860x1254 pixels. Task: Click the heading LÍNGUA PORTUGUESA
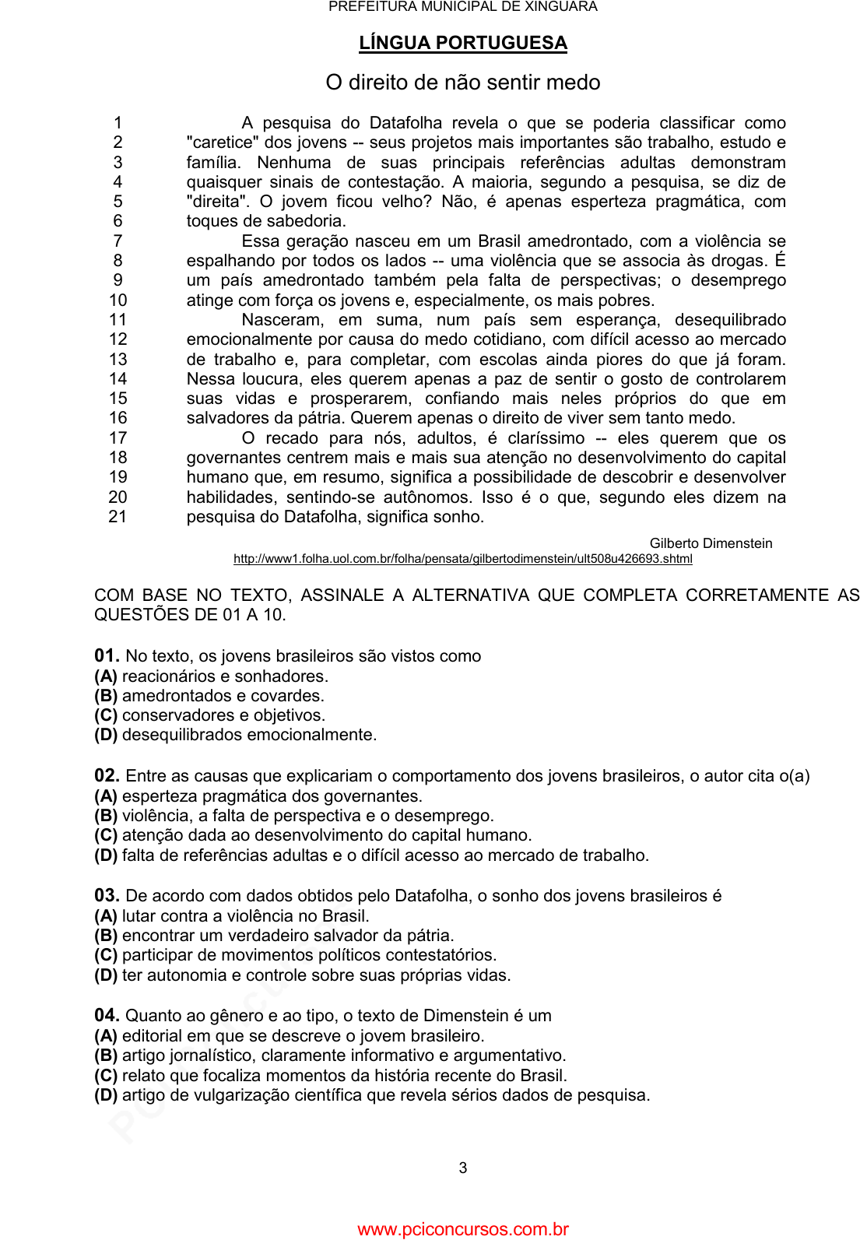point(462,43)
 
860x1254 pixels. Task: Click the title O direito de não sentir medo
point(462,83)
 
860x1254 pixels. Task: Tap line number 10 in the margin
point(118,300)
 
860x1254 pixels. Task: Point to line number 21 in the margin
point(118,517)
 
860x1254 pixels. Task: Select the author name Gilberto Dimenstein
point(711,543)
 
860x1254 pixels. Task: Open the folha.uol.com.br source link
point(462,559)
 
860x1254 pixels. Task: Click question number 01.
point(107,656)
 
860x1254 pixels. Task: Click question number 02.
point(107,776)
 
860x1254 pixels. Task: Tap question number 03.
point(107,896)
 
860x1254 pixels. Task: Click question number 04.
point(107,1016)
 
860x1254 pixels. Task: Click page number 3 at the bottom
point(463,1168)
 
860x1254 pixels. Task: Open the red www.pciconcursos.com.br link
point(462,1230)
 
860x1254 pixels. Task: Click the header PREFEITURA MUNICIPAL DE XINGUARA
point(462,7)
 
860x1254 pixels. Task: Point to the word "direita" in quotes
point(215,202)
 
